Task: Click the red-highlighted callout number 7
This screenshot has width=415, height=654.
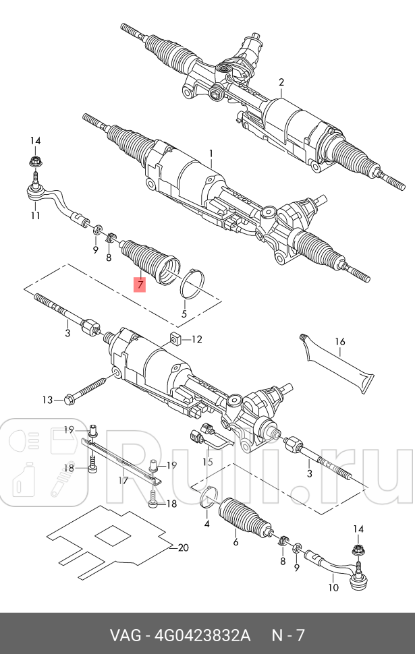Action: (140, 285)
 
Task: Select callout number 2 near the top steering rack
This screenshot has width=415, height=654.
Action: (281, 83)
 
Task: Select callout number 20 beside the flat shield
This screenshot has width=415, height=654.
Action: (183, 547)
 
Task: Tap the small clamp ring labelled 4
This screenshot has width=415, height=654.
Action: (209, 497)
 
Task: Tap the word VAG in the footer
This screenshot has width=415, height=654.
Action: (125, 635)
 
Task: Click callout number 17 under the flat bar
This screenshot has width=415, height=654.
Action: (123, 481)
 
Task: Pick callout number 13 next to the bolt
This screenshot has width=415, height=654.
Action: (47, 400)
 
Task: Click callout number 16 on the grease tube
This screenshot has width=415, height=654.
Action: (340, 342)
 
